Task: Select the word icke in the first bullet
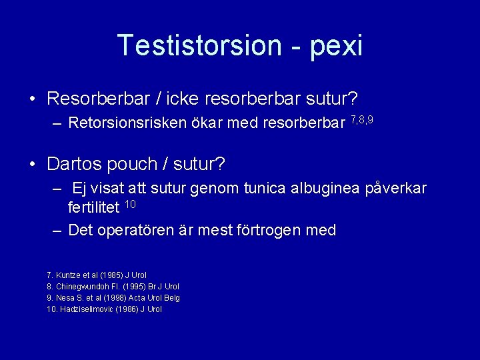click(185, 99)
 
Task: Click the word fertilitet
click(94, 208)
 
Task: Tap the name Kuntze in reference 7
click(68, 275)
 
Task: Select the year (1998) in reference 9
click(113, 298)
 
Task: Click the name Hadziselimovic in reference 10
click(87, 309)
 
